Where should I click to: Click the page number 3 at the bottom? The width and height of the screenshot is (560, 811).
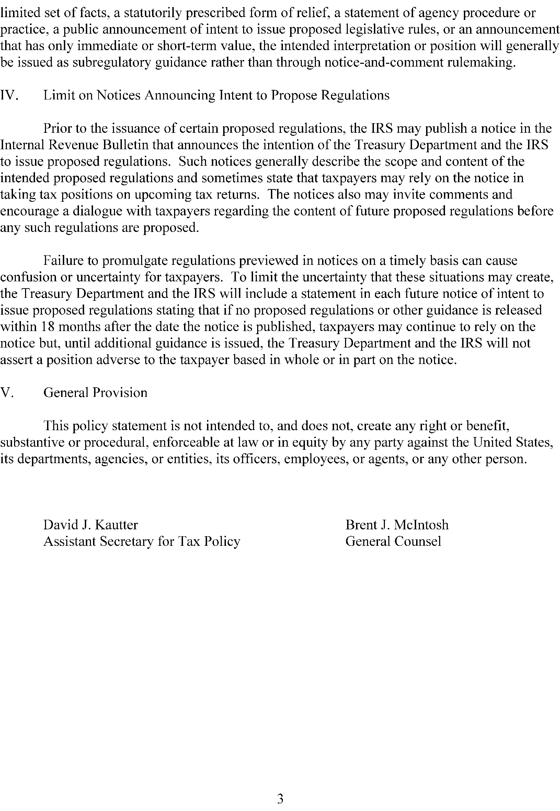(x=280, y=789)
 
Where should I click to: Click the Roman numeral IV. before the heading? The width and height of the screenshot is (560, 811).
(x=10, y=95)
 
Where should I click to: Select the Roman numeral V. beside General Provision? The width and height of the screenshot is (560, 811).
(x=7, y=393)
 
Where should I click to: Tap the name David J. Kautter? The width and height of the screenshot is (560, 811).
(x=91, y=525)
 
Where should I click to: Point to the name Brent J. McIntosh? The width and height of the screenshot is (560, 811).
(x=397, y=525)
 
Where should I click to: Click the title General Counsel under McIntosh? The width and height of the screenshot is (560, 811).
(x=393, y=541)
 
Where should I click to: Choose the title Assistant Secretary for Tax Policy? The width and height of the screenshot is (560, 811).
(x=142, y=541)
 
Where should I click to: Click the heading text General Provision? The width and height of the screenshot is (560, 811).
(x=95, y=393)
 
